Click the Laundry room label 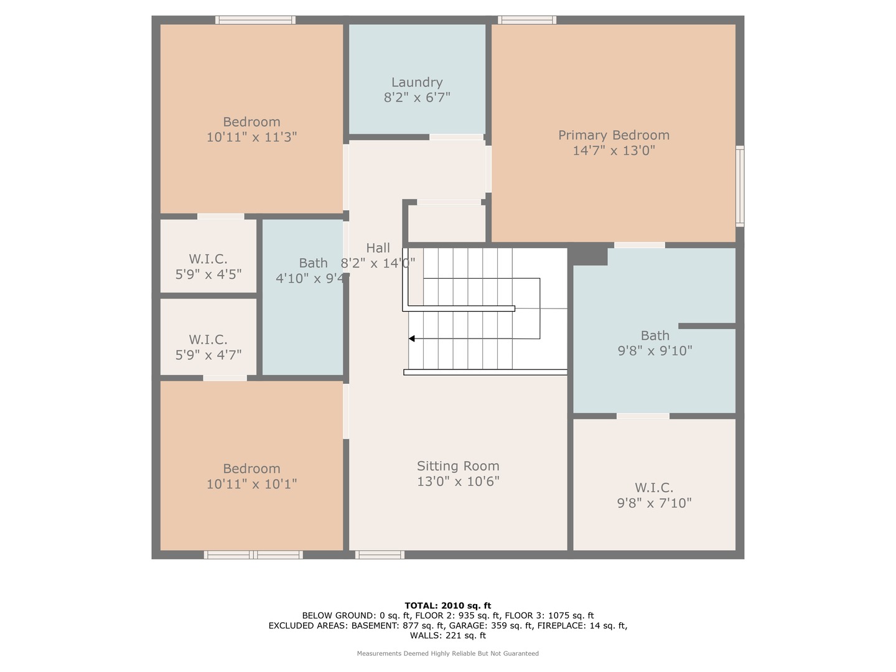coord(417,82)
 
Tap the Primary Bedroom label coord(614,135)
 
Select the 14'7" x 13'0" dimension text coord(614,151)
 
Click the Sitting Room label coord(457,466)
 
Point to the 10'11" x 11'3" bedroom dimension coord(251,137)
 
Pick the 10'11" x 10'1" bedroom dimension coord(251,484)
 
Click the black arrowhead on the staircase coord(412,338)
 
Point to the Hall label coord(378,248)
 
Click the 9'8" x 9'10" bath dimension coord(655,351)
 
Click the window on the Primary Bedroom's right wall coord(740,186)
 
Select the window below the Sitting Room coord(380,554)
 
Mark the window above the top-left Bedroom coord(255,20)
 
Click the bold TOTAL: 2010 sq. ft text coord(448,605)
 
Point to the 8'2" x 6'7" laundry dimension coord(417,98)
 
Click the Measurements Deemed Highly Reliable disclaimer coord(448,653)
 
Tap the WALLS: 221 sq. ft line coord(448,635)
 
